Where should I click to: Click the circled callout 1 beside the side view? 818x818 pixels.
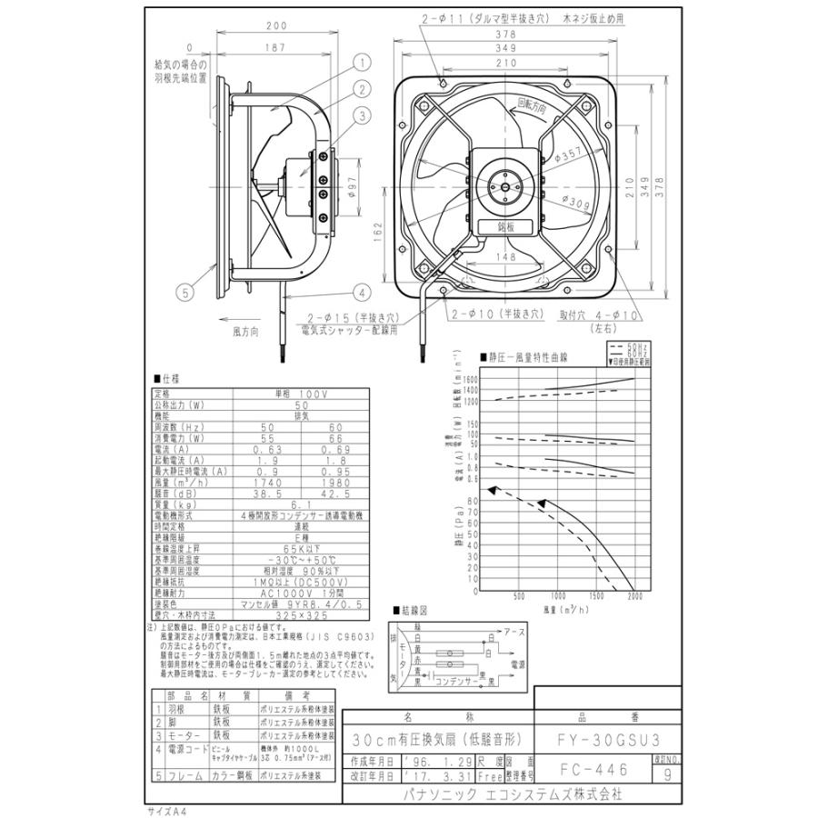click(x=362, y=63)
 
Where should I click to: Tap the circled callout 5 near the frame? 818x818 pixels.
click(x=186, y=293)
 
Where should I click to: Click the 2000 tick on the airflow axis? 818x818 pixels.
click(x=634, y=597)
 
